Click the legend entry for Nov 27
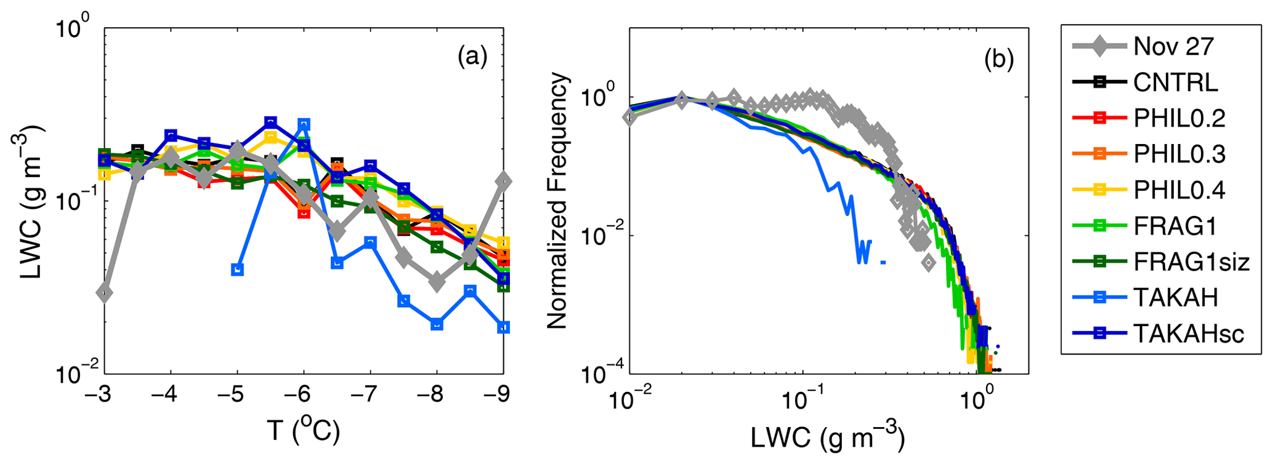[x=1173, y=47]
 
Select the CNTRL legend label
[x=1175, y=82]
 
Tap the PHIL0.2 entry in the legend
[x=1179, y=118]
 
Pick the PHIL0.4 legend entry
[x=1179, y=190]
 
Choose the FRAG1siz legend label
[x=1191, y=262]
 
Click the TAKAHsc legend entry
[x=1189, y=334]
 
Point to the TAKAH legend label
[x=1175, y=298]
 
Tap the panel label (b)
[x=998, y=59]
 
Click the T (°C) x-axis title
[x=303, y=432]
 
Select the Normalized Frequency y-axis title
[x=557, y=200]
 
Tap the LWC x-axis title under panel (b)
[x=827, y=438]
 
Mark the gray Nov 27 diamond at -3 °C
[x=105, y=293]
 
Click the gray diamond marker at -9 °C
[x=504, y=181]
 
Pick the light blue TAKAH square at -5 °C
[x=238, y=270]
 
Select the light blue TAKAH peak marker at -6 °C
[x=304, y=125]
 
